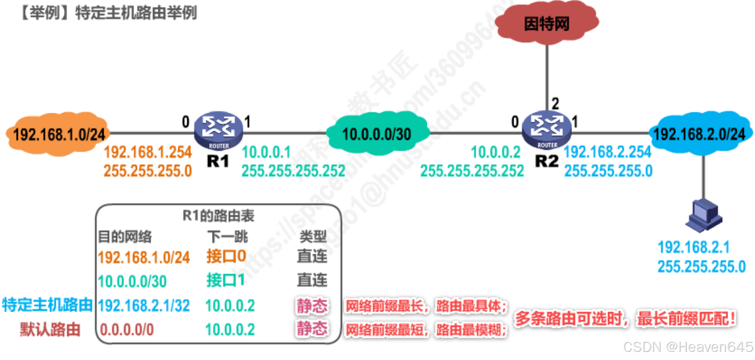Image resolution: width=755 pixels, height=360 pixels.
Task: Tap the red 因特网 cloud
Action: (547, 23)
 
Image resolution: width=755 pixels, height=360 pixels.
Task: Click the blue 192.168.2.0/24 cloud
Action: (699, 134)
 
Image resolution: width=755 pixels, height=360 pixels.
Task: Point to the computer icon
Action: (704, 215)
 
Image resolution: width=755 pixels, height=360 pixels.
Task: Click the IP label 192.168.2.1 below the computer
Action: (694, 247)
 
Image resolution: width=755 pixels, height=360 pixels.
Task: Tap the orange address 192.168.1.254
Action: (148, 152)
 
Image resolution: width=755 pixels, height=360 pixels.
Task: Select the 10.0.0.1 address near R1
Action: (266, 152)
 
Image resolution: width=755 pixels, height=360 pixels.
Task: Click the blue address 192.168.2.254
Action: (608, 152)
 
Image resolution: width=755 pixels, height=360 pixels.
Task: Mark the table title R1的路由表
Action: (218, 215)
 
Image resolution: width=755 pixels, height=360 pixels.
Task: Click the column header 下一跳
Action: (227, 236)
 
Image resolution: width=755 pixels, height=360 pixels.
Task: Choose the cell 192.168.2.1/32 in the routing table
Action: (144, 305)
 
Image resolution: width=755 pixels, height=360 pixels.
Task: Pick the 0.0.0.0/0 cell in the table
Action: (127, 329)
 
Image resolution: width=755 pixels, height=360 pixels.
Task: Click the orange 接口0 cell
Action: (226, 256)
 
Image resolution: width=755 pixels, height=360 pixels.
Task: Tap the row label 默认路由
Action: (50, 329)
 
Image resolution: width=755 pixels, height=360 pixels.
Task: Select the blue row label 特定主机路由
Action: (47, 305)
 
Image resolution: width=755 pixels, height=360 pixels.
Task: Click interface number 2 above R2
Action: (555, 103)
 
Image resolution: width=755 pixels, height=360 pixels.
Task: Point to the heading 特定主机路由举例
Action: (136, 13)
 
